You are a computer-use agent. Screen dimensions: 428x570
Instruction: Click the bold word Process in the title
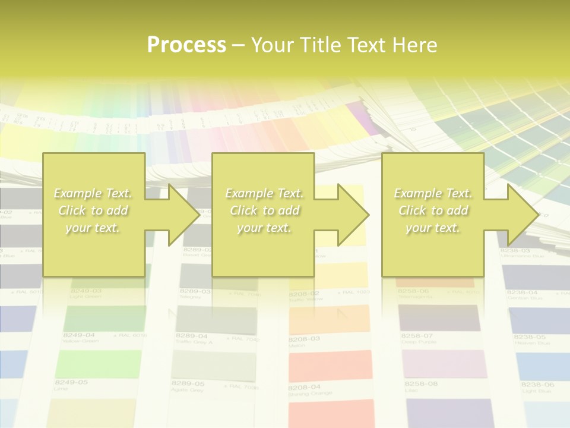186,45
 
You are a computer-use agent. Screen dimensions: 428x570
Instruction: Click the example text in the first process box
93,210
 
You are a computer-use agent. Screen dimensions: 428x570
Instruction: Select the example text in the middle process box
264,210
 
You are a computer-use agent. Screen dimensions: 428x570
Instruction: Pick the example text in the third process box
432,210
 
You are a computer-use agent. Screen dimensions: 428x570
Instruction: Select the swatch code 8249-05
71,382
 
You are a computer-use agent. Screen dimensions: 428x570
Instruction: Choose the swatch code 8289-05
188,384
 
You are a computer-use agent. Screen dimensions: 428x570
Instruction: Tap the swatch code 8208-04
305,387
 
